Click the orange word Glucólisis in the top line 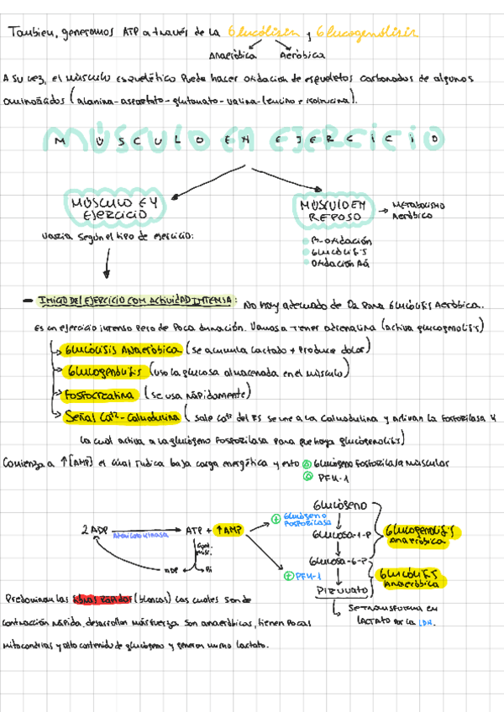click(263, 32)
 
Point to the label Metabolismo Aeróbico click(418, 210)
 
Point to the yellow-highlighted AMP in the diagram click(228, 530)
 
